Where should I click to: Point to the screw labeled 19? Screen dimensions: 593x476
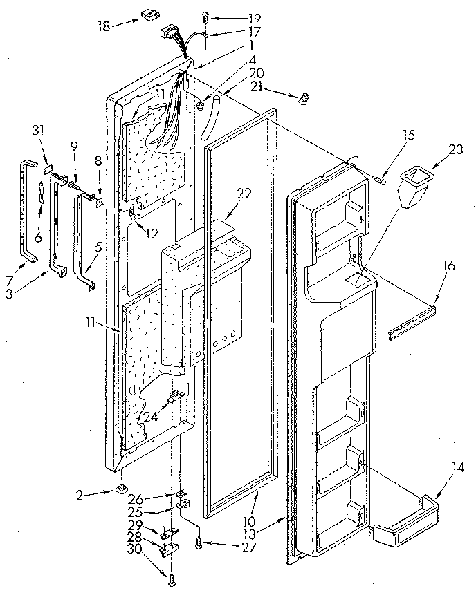tap(205, 16)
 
